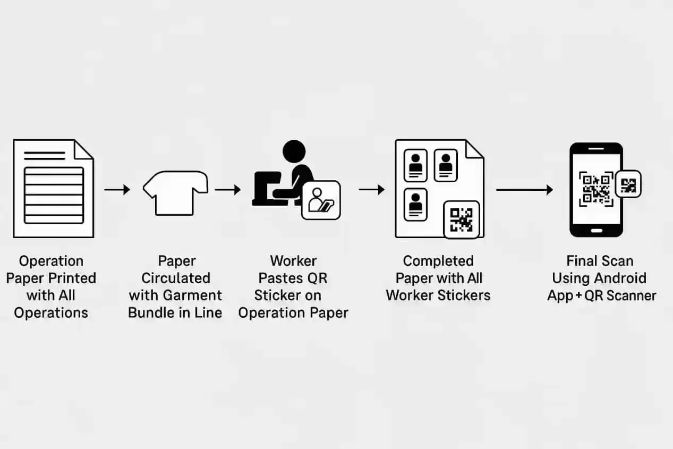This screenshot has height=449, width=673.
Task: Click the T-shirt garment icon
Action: click(x=176, y=193)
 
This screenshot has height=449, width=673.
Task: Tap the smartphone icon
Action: click(x=596, y=190)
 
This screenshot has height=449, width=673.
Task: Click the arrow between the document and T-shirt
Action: click(x=117, y=190)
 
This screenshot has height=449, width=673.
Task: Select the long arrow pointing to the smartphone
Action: click(x=525, y=190)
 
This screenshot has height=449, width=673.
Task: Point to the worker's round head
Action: click(x=294, y=151)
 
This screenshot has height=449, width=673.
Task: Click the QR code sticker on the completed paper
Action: click(x=462, y=220)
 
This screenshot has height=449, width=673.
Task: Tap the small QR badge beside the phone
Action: click(x=628, y=184)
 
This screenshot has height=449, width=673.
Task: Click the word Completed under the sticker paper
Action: click(x=438, y=261)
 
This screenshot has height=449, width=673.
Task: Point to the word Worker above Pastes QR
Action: click(x=293, y=261)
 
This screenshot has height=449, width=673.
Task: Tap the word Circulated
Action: click(x=176, y=278)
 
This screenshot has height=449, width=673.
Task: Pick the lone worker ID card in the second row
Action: click(x=415, y=205)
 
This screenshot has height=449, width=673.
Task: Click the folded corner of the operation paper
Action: click(x=84, y=149)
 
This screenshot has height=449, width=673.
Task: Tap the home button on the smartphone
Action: click(x=597, y=231)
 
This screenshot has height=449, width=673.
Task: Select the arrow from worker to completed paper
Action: click(x=372, y=190)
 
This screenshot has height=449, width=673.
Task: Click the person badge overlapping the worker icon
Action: click(x=321, y=200)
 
